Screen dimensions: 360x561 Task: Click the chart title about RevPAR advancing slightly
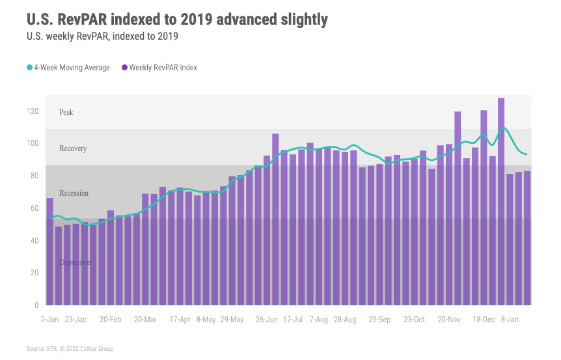(x=177, y=20)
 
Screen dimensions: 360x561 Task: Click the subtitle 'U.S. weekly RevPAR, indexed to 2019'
(x=103, y=37)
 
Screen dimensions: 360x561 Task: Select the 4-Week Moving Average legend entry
(x=68, y=68)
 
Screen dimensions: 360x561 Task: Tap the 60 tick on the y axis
(x=34, y=208)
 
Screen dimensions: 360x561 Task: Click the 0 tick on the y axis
(x=36, y=305)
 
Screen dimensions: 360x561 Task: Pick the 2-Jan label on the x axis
(x=51, y=320)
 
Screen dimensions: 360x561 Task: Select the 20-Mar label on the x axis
(x=145, y=320)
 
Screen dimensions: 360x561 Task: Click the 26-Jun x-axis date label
(x=267, y=320)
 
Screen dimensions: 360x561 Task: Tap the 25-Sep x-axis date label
(x=379, y=320)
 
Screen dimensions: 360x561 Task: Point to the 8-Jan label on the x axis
(x=510, y=320)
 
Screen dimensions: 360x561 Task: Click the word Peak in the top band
(x=66, y=113)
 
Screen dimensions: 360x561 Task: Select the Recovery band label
(x=73, y=148)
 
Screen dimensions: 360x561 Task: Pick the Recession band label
(x=74, y=193)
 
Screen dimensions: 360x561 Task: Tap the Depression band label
(x=75, y=262)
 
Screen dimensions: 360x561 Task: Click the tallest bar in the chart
(x=501, y=202)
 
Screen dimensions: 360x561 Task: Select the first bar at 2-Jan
(x=50, y=251)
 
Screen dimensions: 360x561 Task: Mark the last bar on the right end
(x=527, y=238)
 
